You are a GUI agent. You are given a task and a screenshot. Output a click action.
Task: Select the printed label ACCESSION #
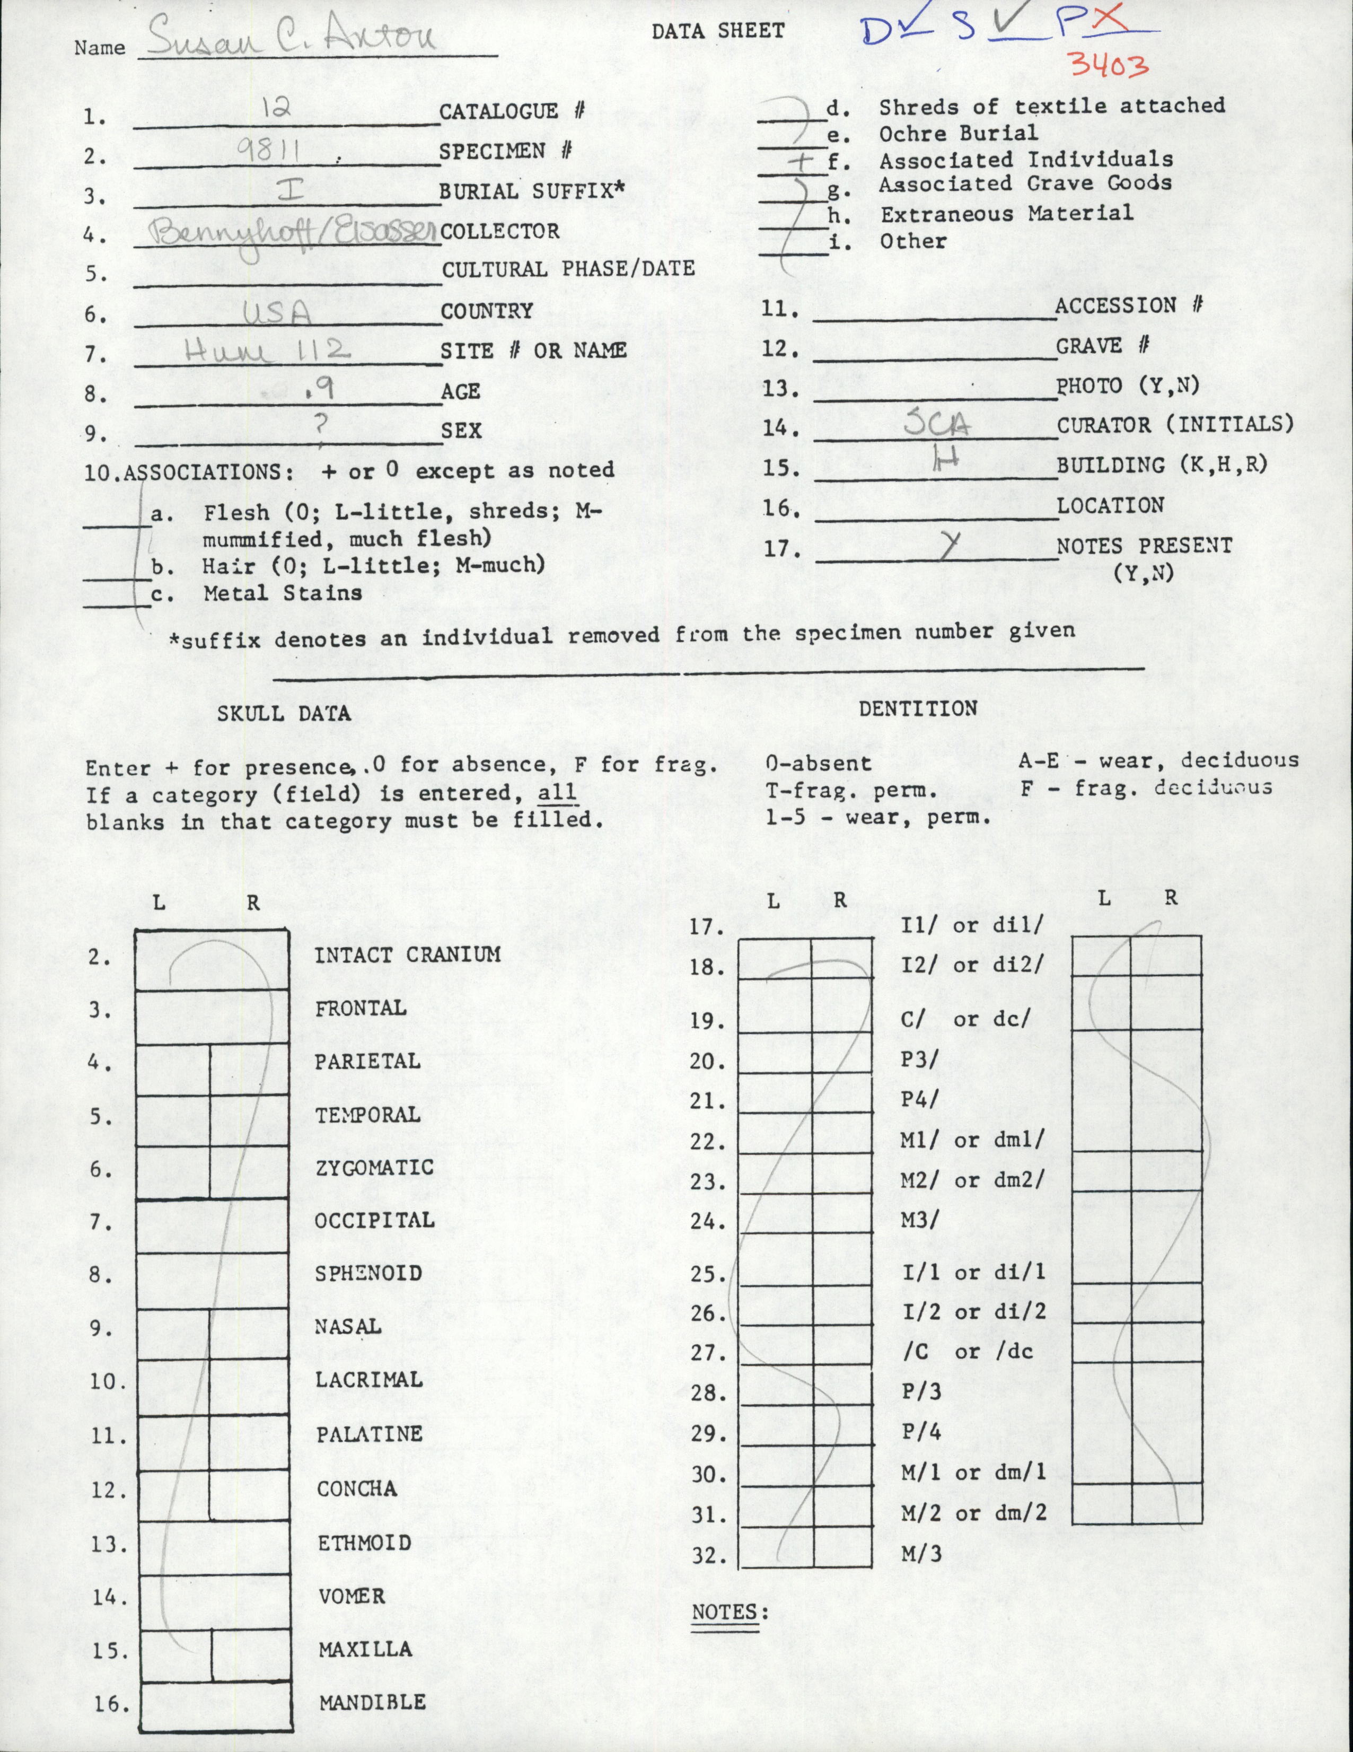click(1126, 305)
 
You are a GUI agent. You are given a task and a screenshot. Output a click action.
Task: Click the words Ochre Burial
click(959, 133)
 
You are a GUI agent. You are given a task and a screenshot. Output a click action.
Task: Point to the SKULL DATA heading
click(284, 713)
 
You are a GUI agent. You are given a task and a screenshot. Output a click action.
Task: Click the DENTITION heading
click(918, 707)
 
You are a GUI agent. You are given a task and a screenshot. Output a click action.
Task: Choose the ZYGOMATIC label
click(374, 1168)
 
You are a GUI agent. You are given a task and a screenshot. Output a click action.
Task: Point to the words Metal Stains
click(282, 593)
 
